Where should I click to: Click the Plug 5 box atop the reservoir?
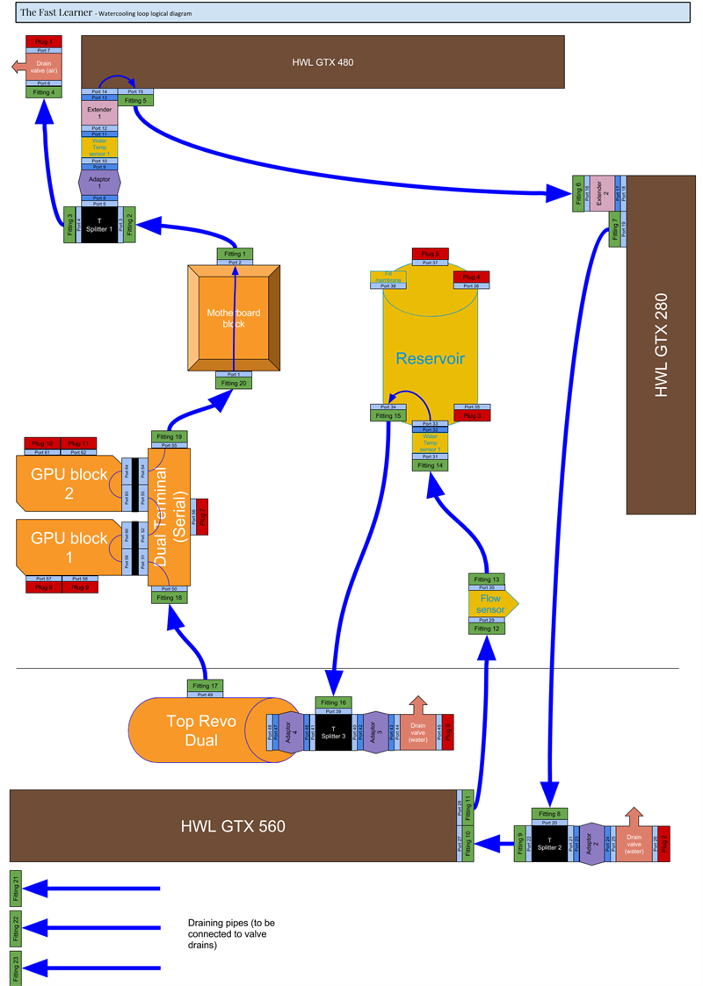[430, 253]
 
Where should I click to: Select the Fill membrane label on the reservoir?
[387, 277]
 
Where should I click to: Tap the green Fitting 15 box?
[388, 416]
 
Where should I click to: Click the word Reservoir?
[430, 358]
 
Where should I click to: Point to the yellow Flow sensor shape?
[490, 604]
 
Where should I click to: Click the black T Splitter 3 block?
[333, 732]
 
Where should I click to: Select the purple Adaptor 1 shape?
[99, 182]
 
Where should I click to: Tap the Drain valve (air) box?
[43, 67]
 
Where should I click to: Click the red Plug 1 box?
[43, 41]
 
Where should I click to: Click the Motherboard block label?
[234, 318]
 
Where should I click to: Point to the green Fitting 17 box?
[206, 686]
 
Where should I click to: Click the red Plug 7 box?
[200, 516]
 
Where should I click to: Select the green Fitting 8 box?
[549, 814]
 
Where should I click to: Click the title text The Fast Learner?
[56, 13]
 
